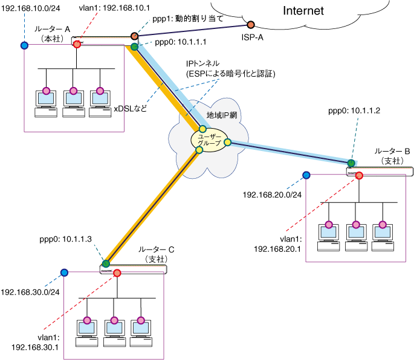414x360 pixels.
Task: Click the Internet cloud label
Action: pos(303,11)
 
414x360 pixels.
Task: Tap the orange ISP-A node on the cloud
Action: pos(251,25)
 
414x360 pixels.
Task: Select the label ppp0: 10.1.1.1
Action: pos(180,42)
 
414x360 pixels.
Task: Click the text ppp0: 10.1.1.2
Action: pos(354,111)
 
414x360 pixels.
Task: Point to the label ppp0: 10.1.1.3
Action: pos(65,239)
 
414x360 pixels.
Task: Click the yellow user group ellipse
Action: pos(209,140)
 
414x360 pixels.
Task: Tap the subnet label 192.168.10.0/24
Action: pos(31,8)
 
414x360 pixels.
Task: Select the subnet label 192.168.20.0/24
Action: pos(272,194)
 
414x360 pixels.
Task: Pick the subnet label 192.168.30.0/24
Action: pos(30,292)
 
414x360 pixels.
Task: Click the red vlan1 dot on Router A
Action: pos(77,44)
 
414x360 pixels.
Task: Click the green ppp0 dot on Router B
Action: pos(351,163)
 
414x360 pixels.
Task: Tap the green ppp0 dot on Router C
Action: pos(106,263)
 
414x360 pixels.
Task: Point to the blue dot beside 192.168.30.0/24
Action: pos(64,272)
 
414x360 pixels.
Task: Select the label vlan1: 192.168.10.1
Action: pos(114,8)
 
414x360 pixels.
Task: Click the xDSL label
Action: pos(130,109)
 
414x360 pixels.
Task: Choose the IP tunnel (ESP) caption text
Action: pos(230,69)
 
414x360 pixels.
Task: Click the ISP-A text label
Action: pos(253,37)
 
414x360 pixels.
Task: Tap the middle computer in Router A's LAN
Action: pos(73,103)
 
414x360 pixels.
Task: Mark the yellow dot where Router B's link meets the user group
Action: pos(228,143)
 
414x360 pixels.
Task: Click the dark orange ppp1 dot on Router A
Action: pos(134,36)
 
